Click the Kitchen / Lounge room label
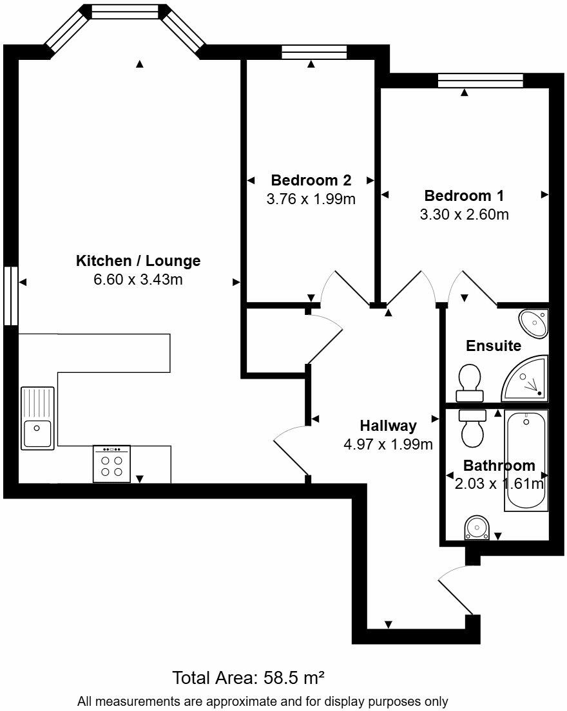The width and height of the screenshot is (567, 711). [x=138, y=261]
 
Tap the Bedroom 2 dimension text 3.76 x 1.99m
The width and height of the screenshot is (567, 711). [x=311, y=199]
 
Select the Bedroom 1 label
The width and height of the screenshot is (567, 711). [x=464, y=195]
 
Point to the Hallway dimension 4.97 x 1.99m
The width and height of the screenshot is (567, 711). [x=388, y=444]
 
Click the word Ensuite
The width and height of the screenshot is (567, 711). [x=494, y=346]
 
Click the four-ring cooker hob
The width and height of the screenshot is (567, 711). [x=111, y=464]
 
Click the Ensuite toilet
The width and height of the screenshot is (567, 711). [x=470, y=383]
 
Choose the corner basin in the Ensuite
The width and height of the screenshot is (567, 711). [x=534, y=323]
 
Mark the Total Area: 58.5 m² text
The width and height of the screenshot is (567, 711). [x=248, y=678]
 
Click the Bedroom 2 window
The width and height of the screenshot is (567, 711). [x=314, y=52]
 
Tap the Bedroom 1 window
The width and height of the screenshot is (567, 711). [x=480, y=81]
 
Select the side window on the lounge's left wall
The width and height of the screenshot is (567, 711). [x=10, y=296]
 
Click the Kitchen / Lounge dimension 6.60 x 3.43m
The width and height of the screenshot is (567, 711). [x=138, y=280]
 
